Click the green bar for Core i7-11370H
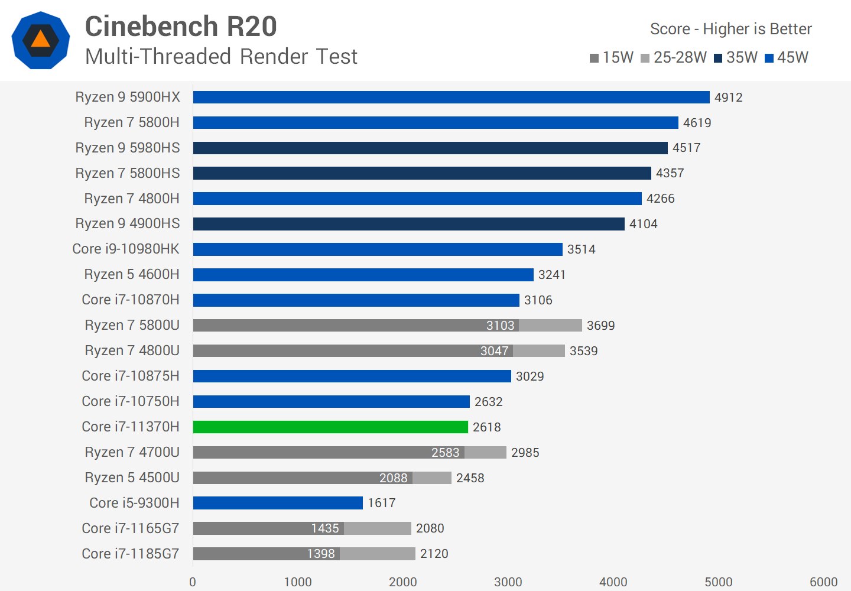click(x=330, y=427)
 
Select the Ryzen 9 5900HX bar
click(x=451, y=97)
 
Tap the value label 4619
click(x=697, y=123)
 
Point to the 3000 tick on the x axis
click(x=508, y=582)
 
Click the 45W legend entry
click(x=787, y=57)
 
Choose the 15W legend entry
click(x=612, y=57)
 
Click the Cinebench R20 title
click(x=181, y=27)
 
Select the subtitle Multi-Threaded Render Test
click(x=221, y=57)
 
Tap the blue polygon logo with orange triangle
click(x=41, y=40)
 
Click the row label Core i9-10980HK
click(x=126, y=249)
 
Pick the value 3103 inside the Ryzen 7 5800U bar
click(x=500, y=326)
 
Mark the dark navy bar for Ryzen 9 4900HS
click(x=408, y=224)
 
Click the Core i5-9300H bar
click(x=278, y=503)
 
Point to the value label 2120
click(x=434, y=554)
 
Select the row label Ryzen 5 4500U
click(x=132, y=478)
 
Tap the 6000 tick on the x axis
click(x=823, y=582)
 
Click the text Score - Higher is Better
click(x=730, y=29)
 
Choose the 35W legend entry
click(x=736, y=57)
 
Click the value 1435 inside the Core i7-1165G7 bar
click(x=325, y=528)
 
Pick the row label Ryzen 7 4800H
click(x=132, y=199)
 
